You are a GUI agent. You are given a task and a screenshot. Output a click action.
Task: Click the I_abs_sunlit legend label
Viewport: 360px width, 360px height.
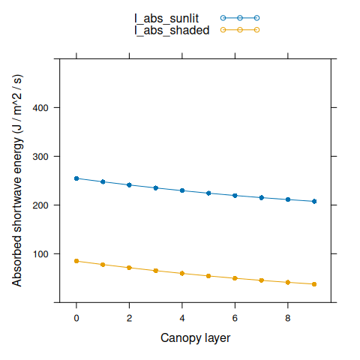[166, 18]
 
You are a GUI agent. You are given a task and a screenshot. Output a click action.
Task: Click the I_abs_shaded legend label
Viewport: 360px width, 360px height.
[171, 30]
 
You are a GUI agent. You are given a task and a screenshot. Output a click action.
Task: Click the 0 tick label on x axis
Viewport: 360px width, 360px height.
[76, 317]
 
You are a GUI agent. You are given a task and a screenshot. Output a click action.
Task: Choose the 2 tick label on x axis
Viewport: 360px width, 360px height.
[129, 317]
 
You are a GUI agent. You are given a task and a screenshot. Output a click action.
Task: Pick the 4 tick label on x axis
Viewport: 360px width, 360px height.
[182, 317]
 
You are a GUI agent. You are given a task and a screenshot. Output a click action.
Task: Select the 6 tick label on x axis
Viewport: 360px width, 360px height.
[235, 317]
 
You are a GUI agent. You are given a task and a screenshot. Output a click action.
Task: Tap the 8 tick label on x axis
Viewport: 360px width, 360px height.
[288, 317]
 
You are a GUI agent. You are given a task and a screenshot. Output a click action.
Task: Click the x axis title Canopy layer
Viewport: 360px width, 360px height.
[195, 338]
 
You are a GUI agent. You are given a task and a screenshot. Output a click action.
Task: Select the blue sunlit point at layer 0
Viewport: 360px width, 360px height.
[76, 178]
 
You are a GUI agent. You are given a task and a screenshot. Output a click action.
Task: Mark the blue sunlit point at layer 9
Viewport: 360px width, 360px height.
[314, 202]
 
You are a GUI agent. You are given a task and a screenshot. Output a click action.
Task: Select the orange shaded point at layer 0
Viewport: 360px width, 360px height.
[76, 261]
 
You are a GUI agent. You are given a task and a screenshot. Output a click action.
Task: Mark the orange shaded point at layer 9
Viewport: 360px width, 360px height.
[314, 284]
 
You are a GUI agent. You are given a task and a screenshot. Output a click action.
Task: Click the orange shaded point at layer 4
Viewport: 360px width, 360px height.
[182, 273]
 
